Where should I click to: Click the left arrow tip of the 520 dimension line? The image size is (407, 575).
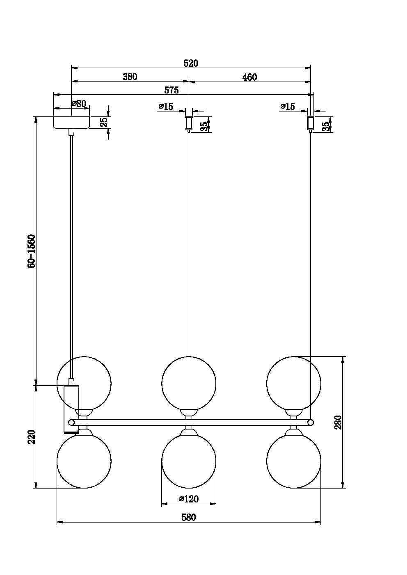pos(71,68)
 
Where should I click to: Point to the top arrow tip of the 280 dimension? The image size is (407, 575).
pos(343,357)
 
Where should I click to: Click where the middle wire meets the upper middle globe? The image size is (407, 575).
pos(189,356)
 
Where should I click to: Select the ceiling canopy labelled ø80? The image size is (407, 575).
pos(71,123)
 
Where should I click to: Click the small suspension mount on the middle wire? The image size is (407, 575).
pos(189,123)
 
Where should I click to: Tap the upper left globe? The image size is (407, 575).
pos(84,384)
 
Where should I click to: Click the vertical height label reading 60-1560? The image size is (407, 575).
pos(31,251)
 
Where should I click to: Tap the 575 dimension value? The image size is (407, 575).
pos(171,90)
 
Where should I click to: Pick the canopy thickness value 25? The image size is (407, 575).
pos(103,123)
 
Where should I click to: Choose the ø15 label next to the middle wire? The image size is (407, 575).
pos(166,106)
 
